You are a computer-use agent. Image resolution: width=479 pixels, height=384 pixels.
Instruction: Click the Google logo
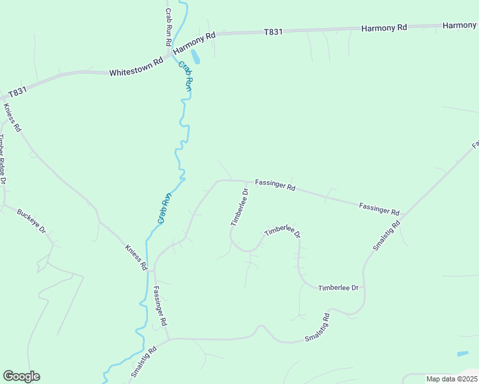tap(21, 376)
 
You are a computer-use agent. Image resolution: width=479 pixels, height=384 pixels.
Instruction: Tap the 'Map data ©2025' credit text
tap(451, 379)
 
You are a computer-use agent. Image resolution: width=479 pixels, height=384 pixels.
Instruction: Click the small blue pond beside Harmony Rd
tap(195, 57)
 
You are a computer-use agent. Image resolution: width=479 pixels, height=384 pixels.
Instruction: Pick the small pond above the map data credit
tap(462, 353)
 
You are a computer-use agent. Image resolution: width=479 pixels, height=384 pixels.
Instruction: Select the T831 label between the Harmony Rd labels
tap(273, 32)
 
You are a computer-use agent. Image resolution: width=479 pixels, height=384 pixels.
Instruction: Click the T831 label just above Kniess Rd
tap(18, 92)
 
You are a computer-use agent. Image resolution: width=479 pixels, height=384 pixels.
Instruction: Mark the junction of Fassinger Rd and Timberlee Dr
tap(247, 182)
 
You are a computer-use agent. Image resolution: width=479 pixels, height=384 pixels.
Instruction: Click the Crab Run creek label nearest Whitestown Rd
tap(184, 76)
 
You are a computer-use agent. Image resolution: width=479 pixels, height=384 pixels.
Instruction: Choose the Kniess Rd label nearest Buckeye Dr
tap(136, 257)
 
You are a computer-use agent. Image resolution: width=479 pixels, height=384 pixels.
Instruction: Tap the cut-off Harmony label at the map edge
tap(460, 26)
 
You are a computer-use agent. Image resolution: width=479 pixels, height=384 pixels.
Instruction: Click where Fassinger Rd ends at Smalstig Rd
tap(168, 339)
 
